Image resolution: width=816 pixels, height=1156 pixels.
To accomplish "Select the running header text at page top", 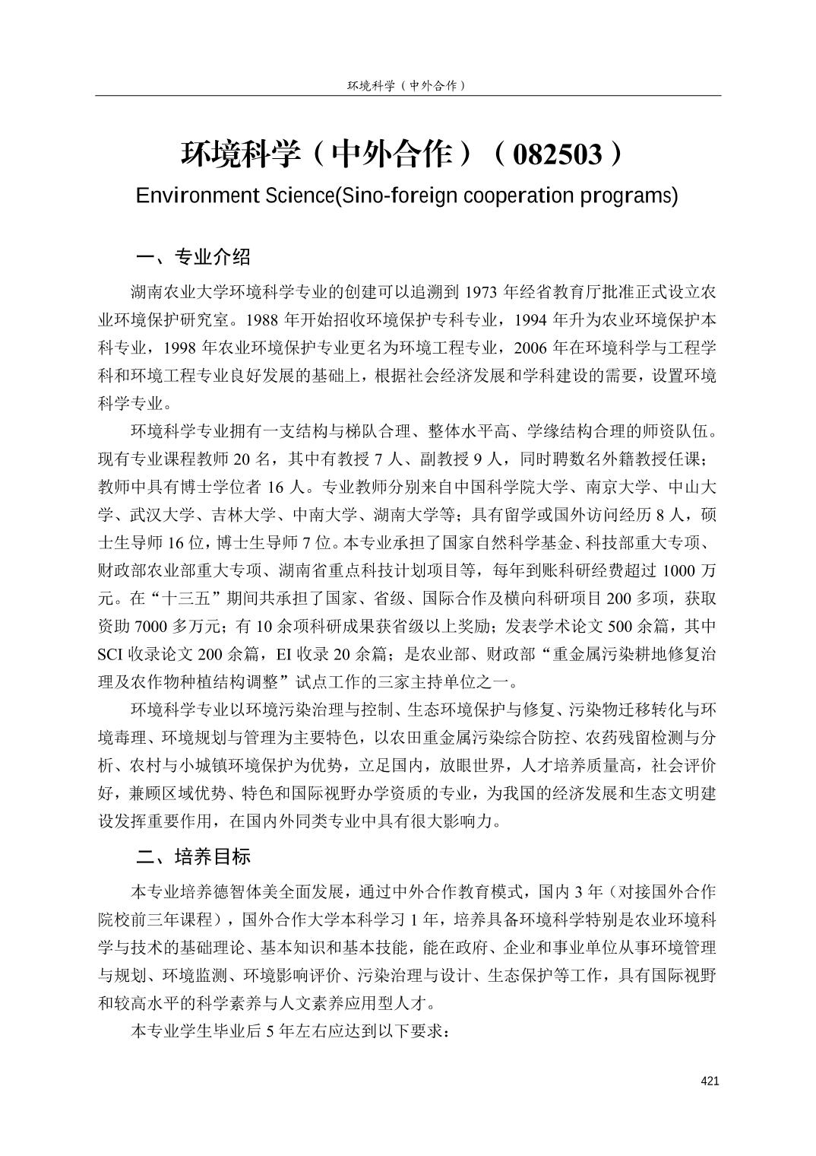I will pyautogui.click(x=406, y=85).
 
